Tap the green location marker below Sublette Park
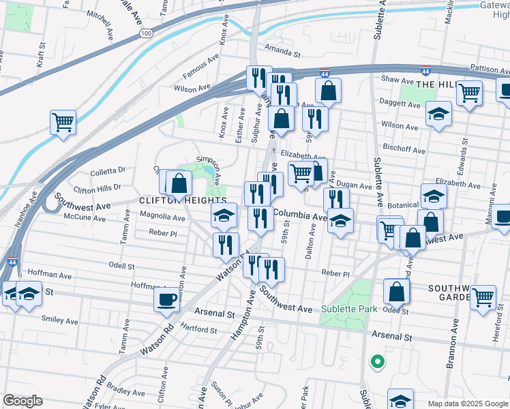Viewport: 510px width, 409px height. [x=375, y=361]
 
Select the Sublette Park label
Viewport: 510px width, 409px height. [x=349, y=309]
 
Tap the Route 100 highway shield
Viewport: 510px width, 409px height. [x=145, y=33]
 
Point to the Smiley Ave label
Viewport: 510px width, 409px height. [x=60, y=319]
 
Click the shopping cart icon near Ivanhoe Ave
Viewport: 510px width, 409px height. [x=62, y=123]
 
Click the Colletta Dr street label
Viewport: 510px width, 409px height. [x=108, y=170]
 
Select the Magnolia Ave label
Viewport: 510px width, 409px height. [x=162, y=218]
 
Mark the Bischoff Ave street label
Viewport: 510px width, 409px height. [x=404, y=149]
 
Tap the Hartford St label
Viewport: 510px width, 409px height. [x=199, y=330]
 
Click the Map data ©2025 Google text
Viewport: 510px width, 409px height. [x=467, y=404]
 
